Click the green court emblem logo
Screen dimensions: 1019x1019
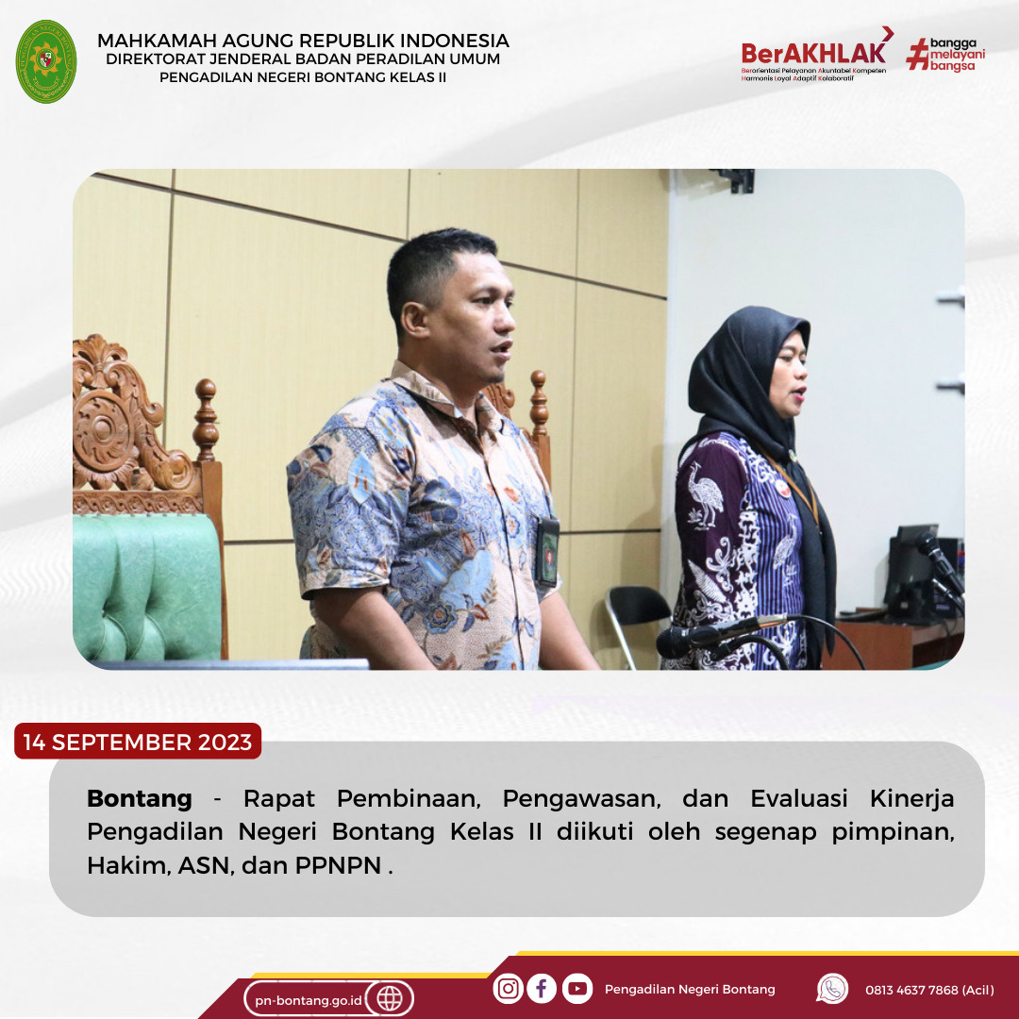pos(46,61)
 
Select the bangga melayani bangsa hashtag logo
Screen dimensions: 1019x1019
pos(945,55)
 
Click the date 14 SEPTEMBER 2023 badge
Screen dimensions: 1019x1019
pos(138,741)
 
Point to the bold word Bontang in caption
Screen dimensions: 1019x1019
pos(140,798)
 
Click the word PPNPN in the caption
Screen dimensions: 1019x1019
pos(338,865)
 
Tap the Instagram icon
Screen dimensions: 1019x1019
pos(509,989)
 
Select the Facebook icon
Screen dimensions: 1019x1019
pos(542,989)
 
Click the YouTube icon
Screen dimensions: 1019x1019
pos(577,989)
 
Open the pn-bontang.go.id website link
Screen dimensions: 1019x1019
pos(308,1000)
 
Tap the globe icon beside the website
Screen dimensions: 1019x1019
pos(390,998)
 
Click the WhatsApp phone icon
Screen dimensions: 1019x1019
pos(832,989)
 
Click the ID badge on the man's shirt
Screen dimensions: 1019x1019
pos(547,552)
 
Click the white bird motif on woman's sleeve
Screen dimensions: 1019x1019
pos(705,493)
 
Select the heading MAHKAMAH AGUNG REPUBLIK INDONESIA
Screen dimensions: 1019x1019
pos(303,41)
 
